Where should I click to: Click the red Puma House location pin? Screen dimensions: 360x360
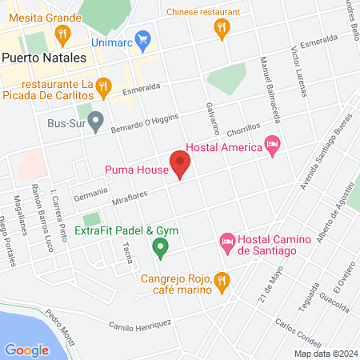pos(180,166)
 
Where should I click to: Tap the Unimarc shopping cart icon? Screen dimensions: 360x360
pos(143,38)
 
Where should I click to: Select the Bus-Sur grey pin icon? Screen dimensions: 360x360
pos(96,123)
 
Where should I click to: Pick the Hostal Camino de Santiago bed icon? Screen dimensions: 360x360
pos(227,241)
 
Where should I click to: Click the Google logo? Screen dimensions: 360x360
pos(26,350)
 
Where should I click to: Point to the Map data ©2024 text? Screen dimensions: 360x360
pos(326,353)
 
